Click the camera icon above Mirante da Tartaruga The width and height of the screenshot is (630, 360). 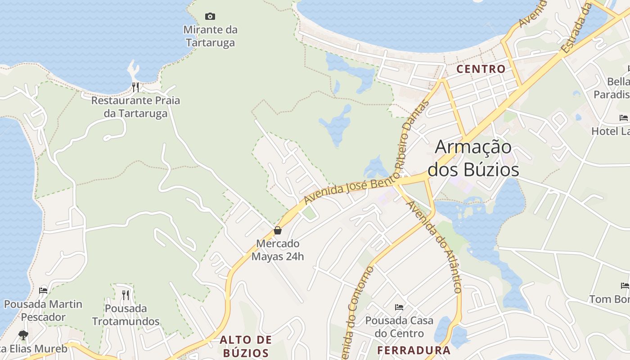click(x=210, y=17)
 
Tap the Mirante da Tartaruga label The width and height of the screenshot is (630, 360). click(x=210, y=36)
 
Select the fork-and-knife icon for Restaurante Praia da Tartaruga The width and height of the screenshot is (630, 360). click(x=135, y=87)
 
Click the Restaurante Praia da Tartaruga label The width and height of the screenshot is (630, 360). click(x=135, y=107)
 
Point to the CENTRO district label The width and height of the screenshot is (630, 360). click(x=481, y=69)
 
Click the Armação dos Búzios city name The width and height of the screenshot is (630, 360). click(x=473, y=158)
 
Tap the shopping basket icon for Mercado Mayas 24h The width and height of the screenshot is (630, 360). click(x=278, y=230)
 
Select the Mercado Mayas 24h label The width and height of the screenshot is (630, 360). click(x=278, y=250)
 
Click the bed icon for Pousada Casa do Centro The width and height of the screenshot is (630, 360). click(x=399, y=307)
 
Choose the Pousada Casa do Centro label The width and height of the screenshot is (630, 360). click(x=399, y=327)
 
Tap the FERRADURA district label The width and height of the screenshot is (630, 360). click(x=414, y=350)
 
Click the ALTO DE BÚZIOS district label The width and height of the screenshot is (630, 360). click(x=246, y=346)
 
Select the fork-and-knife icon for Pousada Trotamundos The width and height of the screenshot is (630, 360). click(x=126, y=295)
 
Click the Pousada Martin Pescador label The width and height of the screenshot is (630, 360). click(x=43, y=310)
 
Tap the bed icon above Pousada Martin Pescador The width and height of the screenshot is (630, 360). click(x=43, y=291)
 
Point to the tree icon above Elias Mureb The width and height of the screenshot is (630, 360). click(x=23, y=335)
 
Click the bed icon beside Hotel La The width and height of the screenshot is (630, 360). click(x=624, y=118)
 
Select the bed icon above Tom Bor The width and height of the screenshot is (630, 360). click(x=625, y=286)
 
